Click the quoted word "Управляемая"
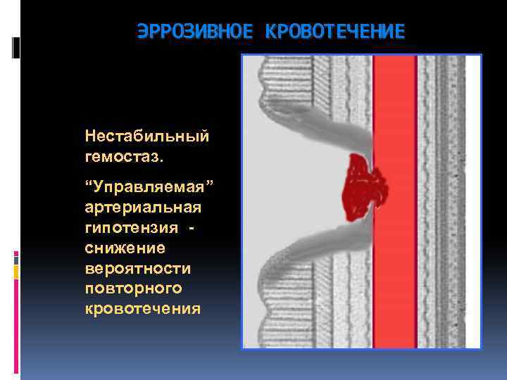pyautogui.click(x=150, y=186)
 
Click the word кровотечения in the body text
pyautogui.click(x=142, y=309)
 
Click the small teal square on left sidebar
pyautogui.click(x=16, y=282)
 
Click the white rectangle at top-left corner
pyautogui.click(x=16, y=47)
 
